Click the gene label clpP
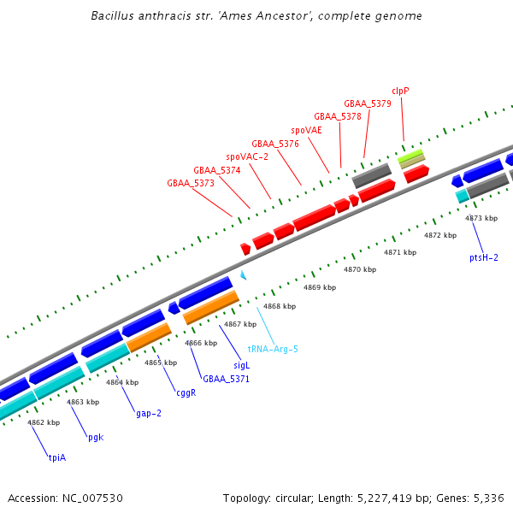pos(402,91)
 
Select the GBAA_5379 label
pos(368,103)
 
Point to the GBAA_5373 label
pos(191,183)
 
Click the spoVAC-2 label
pos(247,157)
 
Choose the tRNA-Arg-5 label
pos(273,349)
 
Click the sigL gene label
pos(241,365)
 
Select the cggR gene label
pos(186,393)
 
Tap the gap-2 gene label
pos(149,413)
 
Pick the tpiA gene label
pos(56,457)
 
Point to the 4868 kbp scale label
pos(280,306)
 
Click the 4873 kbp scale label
pos(481,218)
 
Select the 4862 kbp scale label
pos(44,422)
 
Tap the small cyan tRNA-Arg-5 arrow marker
pos(244,275)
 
